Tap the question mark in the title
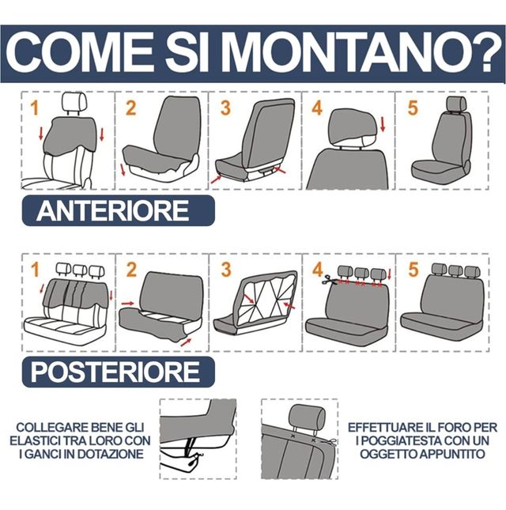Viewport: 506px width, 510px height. coord(485,52)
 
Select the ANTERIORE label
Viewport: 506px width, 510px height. coord(112,211)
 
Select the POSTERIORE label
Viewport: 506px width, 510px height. coord(115,372)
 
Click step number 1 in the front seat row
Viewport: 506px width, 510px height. coord(35,108)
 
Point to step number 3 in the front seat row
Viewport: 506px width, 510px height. coord(225,108)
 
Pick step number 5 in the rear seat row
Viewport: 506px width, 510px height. coord(413,270)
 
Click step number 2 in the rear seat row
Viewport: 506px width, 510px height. coord(131,270)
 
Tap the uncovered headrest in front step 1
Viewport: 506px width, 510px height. coord(74,102)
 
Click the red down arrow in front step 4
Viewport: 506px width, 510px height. coord(383,124)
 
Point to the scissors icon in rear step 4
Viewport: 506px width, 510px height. coord(329,280)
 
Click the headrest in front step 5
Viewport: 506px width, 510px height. coord(456,104)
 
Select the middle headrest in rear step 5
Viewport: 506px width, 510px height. coord(455,271)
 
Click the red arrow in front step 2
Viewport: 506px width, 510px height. coord(123,170)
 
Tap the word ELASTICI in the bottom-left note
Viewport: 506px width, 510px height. coord(34,440)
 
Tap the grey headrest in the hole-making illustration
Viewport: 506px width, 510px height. coord(308,417)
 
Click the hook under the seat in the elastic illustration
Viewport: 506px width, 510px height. coord(197,457)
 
